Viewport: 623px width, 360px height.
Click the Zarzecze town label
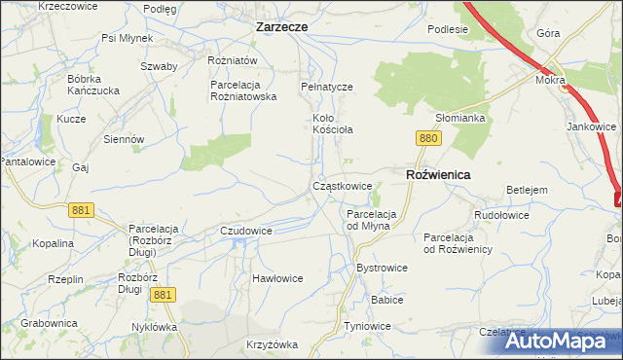tap(281, 27)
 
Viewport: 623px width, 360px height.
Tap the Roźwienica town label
tap(437, 174)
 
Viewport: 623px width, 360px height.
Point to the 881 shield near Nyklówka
tap(164, 294)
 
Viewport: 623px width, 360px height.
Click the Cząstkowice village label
tap(343, 185)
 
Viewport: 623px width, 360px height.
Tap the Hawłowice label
tap(277, 278)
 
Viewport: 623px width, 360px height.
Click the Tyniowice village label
tap(373, 326)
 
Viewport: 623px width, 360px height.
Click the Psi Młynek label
tap(127, 39)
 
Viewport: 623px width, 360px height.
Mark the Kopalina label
tap(53, 243)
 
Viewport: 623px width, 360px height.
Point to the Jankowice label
tap(592, 126)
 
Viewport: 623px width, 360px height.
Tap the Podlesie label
tap(448, 29)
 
